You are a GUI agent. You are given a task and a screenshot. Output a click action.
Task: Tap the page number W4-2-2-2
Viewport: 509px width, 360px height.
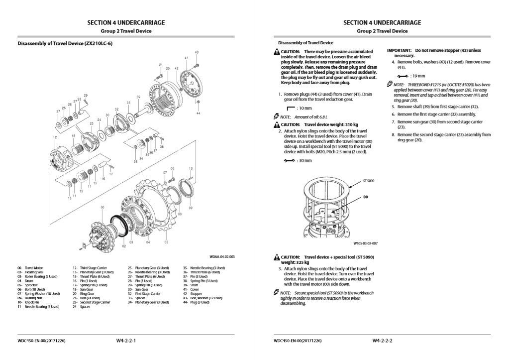[x=382, y=341]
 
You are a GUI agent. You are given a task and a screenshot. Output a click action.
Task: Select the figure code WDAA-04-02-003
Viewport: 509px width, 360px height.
[x=222, y=256]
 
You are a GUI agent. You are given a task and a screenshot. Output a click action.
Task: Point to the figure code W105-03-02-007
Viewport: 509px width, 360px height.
[x=365, y=243]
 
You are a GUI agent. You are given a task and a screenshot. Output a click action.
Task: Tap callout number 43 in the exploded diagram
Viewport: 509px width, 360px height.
[x=197, y=52]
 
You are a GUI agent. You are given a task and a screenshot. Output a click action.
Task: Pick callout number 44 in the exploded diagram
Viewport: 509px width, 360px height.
[x=198, y=113]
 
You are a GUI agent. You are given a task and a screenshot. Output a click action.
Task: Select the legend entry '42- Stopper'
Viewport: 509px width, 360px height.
[x=194, y=293]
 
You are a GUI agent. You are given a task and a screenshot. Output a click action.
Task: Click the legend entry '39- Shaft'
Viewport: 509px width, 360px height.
[x=192, y=285]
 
